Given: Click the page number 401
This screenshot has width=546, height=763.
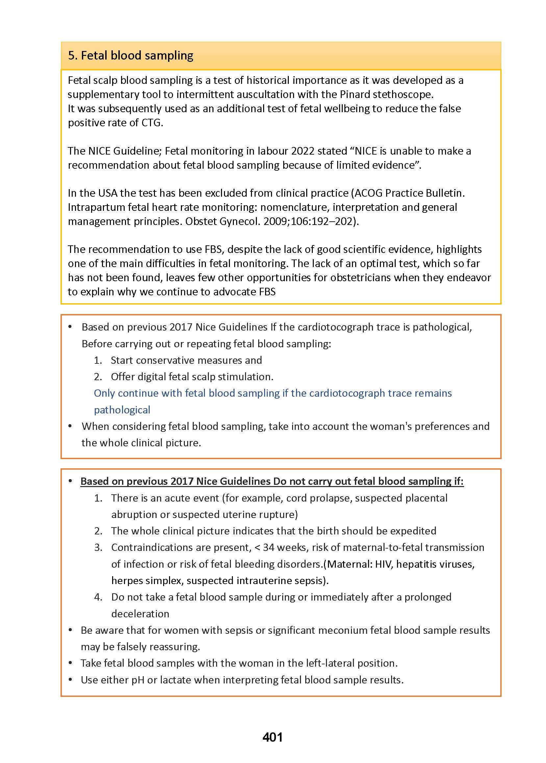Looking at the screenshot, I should [x=272, y=737].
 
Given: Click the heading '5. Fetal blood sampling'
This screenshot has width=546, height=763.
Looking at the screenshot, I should [x=131, y=56].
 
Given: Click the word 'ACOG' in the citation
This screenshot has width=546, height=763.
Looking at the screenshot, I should [x=368, y=193].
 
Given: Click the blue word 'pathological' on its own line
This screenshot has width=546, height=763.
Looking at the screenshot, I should [x=122, y=410].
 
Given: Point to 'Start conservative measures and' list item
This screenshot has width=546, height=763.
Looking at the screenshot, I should [x=186, y=360].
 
